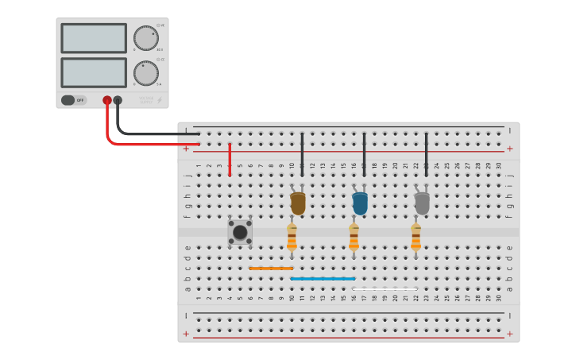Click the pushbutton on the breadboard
240,232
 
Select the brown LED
298,203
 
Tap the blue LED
360,203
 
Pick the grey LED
422,203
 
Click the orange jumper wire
271,269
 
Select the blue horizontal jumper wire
323,279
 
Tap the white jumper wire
385,288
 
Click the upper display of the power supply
93,38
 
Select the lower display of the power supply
93,72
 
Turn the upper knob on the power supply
145,38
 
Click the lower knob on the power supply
145,73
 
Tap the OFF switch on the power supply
73,100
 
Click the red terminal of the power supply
107,100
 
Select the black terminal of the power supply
118,100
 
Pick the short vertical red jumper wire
230,159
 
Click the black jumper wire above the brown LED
302,154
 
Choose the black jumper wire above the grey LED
427,154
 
